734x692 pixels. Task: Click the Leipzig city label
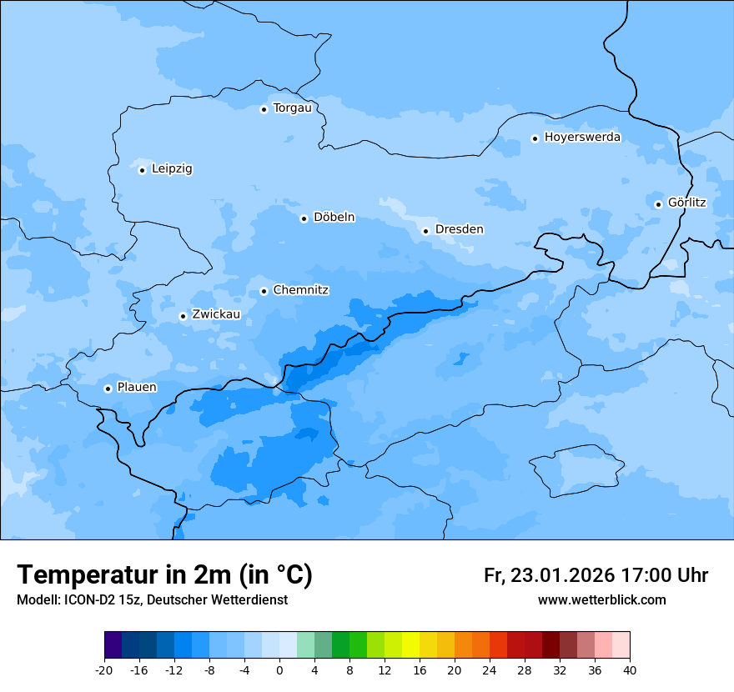[172, 168]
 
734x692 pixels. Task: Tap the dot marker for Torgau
[264, 109]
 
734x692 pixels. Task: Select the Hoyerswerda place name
[582, 137]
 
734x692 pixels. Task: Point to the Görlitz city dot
[658, 204]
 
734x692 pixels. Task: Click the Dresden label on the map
[459, 229]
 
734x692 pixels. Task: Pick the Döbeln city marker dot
[304, 218]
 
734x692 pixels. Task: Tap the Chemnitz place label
[300, 290]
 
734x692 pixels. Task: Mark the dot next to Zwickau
[183, 316]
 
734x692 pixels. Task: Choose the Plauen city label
[136, 387]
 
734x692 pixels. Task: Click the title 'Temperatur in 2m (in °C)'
[164, 575]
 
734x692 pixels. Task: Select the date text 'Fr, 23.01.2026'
[549, 575]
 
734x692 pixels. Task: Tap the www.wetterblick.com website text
[601, 599]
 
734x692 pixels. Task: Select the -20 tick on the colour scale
[104, 669]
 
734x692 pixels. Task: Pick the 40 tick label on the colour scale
[630, 669]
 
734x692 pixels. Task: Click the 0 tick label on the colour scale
[279, 669]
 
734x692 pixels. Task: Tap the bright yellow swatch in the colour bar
[410, 645]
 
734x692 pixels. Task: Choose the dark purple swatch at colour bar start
[113, 645]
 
